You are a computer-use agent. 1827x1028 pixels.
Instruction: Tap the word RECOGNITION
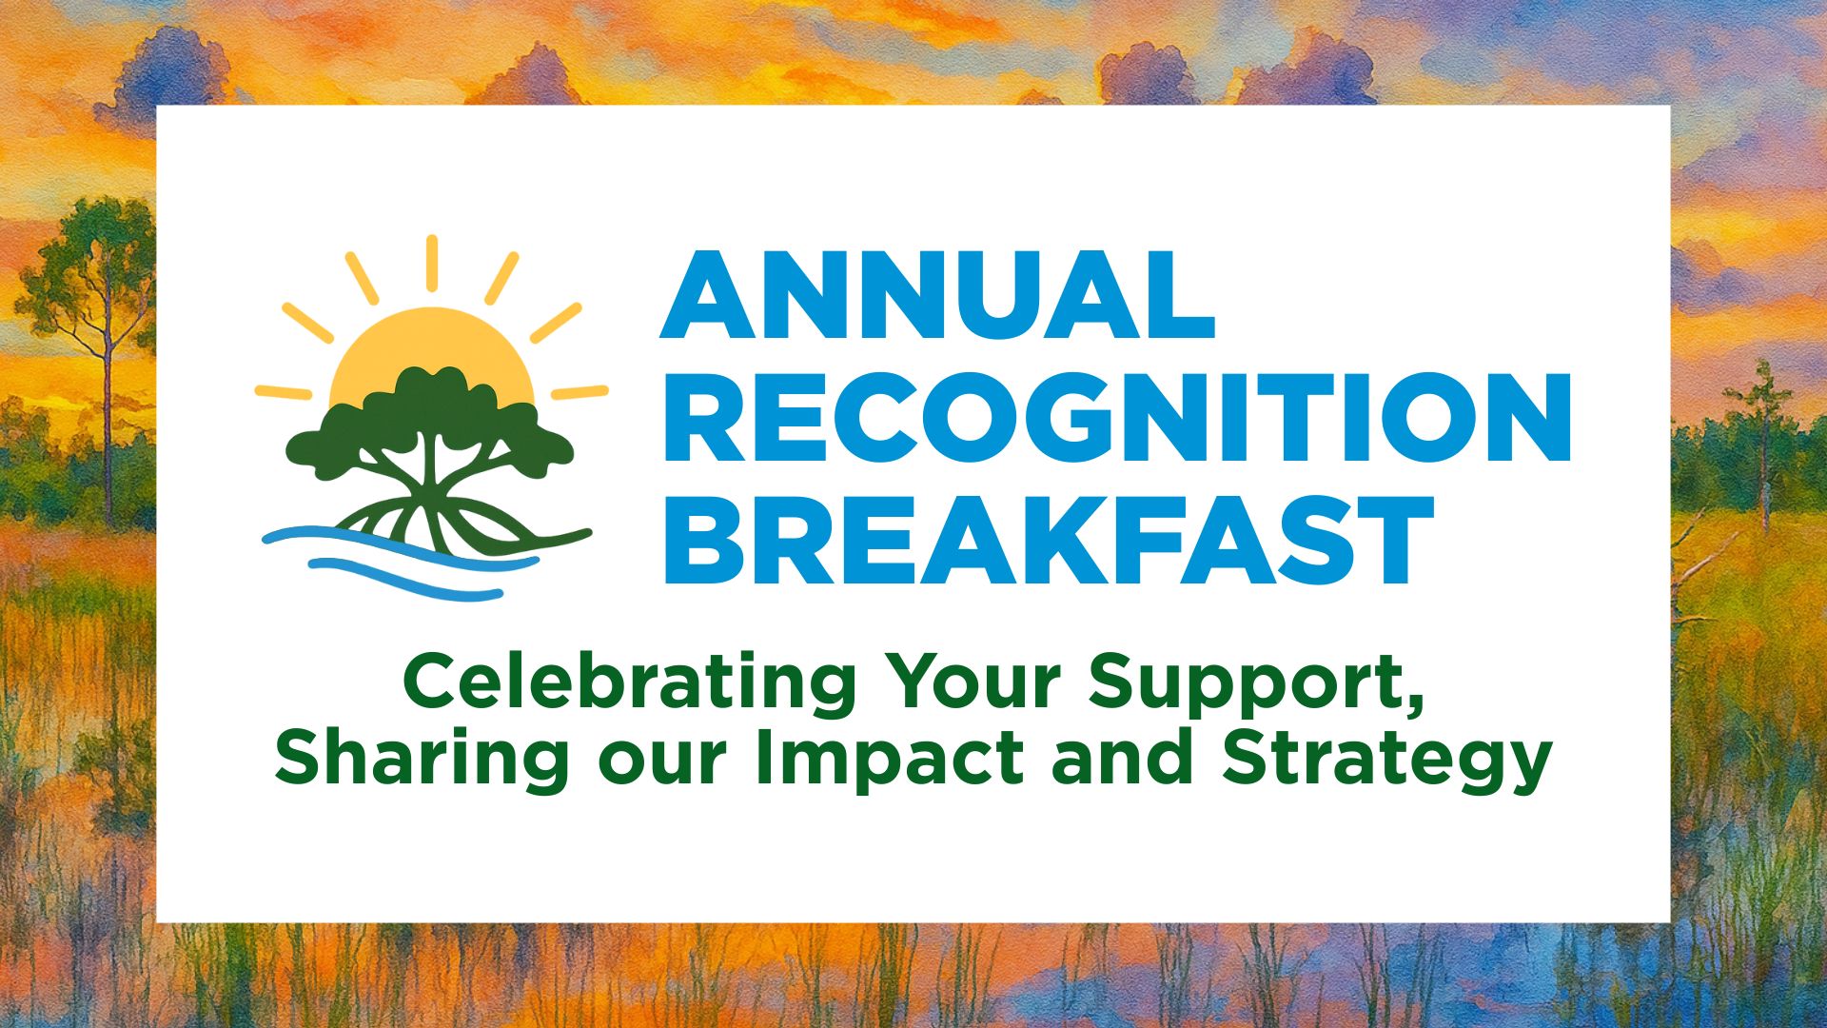[x=1116, y=417]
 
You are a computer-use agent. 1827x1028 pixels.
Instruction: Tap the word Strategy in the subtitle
[x=1387, y=761]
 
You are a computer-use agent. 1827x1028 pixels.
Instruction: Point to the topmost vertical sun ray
[x=431, y=263]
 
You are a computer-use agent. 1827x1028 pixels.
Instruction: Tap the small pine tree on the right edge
[x=1763, y=438]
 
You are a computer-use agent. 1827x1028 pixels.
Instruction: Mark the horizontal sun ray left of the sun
[x=284, y=392]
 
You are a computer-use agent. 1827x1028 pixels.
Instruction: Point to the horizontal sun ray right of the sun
[x=580, y=392]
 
